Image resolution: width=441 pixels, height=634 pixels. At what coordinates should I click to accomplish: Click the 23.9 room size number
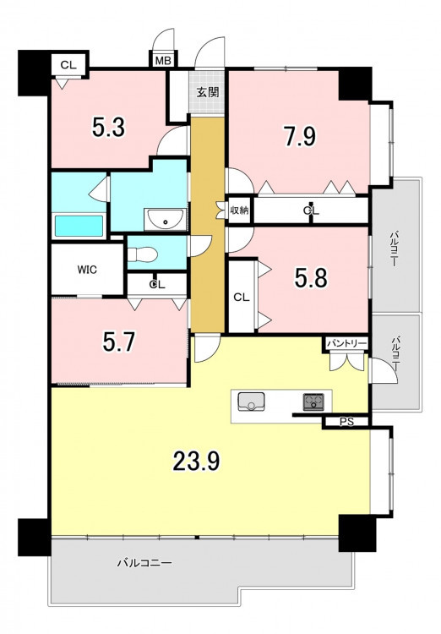coord(197,461)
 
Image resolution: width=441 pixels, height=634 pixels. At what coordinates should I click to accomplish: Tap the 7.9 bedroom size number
coord(300,136)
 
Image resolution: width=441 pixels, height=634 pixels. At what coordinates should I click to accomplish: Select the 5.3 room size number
coord(109,127)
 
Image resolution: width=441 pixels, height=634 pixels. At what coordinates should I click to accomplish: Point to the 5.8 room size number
coord(311,278)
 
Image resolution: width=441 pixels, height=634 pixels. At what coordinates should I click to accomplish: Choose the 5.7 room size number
coord(119,342)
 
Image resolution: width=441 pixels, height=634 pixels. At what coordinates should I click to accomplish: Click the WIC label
coord(87,270)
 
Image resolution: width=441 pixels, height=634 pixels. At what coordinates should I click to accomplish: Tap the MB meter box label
coord(164,61)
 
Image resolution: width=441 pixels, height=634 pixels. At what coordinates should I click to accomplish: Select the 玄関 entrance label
coord(207,92)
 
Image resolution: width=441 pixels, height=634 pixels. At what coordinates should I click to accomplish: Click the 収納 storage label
coord(239,210)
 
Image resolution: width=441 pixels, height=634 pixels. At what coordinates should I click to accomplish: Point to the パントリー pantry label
coord(347,344)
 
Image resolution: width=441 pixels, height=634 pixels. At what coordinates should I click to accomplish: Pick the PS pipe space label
coord(346,422)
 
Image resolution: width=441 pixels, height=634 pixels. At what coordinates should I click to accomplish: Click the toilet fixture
coord(142,254)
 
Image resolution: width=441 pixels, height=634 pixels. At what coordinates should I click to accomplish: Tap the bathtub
coord(79,226)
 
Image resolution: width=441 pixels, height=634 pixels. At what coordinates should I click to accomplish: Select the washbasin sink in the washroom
coord(166,220)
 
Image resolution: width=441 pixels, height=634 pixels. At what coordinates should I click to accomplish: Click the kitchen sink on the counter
coord(251,402)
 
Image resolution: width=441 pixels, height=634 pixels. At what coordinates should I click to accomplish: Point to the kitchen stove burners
coord(313,402)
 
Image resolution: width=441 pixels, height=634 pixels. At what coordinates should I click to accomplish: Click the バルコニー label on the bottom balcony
coord(144,563)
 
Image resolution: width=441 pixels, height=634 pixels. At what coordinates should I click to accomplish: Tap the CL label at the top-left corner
coord(68,65)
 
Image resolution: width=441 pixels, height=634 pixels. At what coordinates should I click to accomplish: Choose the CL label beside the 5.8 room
coord(242,298)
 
